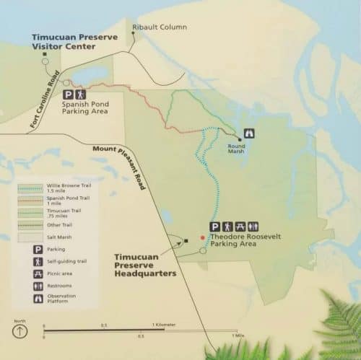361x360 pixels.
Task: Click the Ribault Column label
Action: click(160, 27)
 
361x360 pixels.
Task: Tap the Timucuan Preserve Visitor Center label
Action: click(69, 41)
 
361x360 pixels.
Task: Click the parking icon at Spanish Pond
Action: click(69, 94)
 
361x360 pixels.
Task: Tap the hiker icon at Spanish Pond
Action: click(82, 94)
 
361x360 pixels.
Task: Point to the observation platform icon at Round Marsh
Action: click(251, 133)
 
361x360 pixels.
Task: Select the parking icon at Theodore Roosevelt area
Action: click(215, 226)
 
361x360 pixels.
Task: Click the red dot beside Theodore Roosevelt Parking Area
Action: click(203, 237)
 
